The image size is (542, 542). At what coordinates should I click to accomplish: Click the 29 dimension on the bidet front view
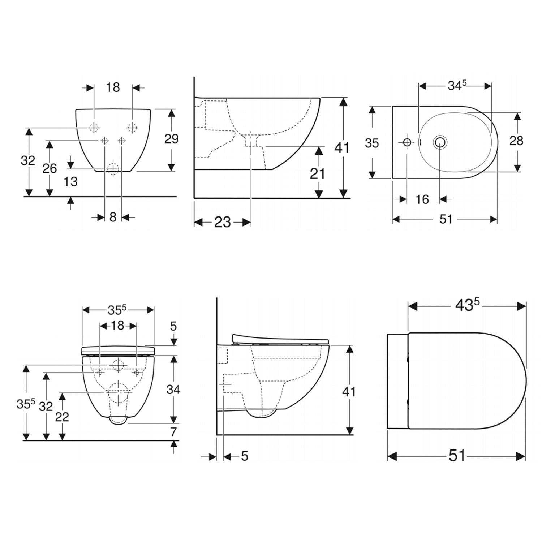[172, 139]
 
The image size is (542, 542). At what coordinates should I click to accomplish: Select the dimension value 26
[50, 168]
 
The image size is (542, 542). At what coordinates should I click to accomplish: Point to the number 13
[70, 181]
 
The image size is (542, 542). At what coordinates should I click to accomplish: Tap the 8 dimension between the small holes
[113, 217]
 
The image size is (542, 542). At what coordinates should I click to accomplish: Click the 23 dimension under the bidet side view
[223, 222]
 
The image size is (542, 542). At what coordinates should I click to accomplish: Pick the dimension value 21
[318, 174]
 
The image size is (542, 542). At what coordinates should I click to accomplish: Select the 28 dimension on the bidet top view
[516, 141]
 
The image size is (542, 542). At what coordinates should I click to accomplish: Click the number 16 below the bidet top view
[422, 199]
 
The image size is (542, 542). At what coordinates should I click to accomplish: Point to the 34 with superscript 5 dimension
[457, 85]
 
